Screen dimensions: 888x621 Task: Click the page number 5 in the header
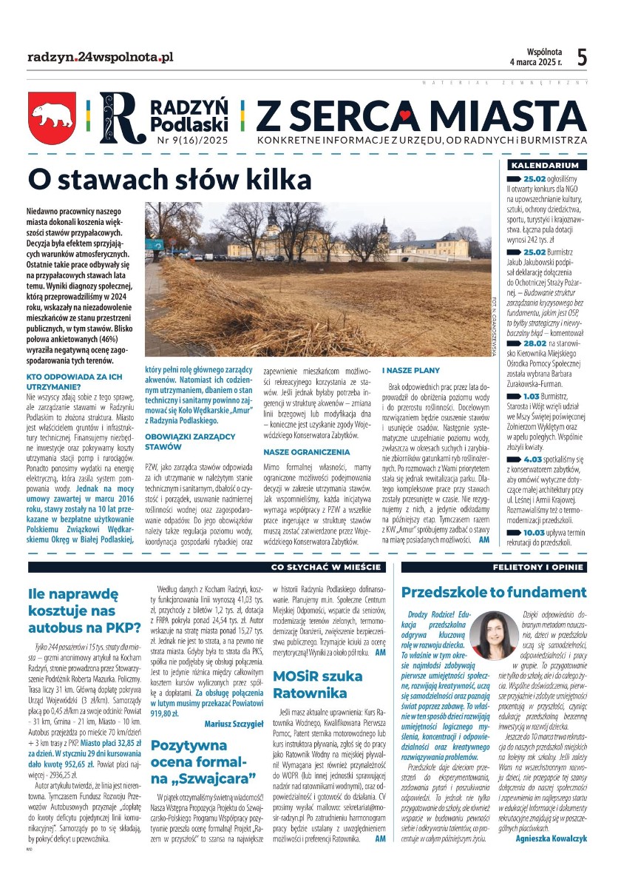(x=582, y=56)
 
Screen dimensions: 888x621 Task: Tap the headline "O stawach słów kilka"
(x=169, y=179)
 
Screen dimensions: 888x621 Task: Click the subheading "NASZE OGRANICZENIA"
(x=306, y=451)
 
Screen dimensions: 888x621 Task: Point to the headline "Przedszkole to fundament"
(x=493, y=592)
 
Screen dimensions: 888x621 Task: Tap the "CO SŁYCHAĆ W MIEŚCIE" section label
(x=328, y=568)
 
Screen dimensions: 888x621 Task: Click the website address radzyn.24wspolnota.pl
(x=101, y=56)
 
